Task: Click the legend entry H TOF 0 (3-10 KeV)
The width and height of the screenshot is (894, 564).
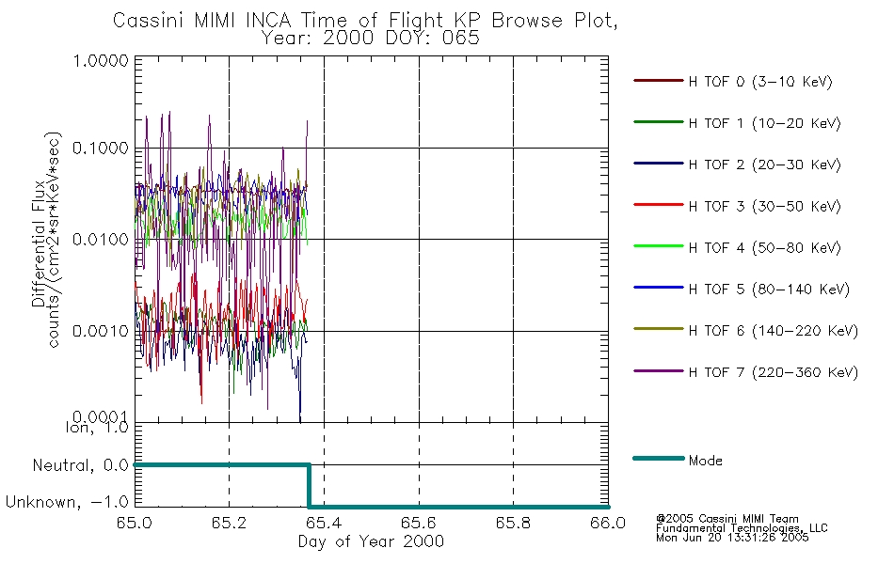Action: point(760,82)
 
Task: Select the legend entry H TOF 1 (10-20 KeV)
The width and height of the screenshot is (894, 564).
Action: point(764,124)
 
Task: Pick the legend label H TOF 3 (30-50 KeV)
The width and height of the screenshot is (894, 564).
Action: point(764,206)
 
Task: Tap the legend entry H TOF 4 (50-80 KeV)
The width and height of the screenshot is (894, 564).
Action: point(764,248)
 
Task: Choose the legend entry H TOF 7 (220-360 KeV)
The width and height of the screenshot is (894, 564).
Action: point(773,372)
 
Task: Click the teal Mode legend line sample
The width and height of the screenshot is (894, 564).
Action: point(659,458)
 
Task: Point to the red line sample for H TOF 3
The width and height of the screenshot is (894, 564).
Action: point(659,205)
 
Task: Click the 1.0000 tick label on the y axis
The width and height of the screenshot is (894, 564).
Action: point(101,60)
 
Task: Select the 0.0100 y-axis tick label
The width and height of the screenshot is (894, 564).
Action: point(101,240)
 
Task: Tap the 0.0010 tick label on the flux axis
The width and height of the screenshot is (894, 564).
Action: point(101,331)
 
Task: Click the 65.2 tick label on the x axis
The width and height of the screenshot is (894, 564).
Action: point(229,523)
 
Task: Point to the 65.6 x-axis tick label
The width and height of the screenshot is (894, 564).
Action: point(419,523)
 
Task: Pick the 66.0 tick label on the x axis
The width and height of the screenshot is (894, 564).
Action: point(608,523)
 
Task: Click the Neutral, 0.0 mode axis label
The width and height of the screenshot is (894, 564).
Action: point(81,466)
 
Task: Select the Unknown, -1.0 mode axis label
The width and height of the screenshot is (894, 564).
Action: point(67,503)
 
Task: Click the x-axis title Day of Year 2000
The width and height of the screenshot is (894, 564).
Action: point(371,541)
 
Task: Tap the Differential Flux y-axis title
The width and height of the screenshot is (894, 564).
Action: point(39,243)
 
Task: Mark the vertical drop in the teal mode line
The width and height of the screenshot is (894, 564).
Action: point(309,486)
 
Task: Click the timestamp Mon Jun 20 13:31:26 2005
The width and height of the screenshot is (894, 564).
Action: point(732,538)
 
